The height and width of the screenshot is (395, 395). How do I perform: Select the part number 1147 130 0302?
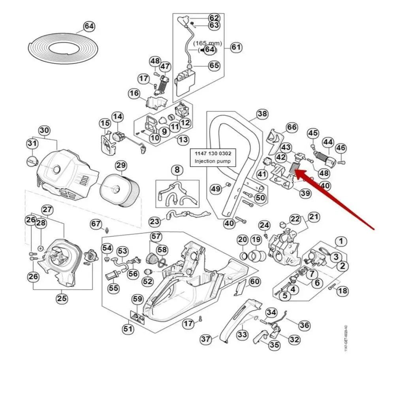click(x=211, y=153)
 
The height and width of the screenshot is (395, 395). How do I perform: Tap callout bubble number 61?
click(x=236, y=47)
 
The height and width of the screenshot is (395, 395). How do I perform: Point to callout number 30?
click(x=44, y=130)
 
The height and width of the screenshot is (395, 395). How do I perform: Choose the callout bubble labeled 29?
click(x=120, y=165)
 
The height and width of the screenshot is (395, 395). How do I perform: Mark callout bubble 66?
click(x=292, y=127)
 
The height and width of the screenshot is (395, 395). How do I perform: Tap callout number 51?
click(x=128, y=328)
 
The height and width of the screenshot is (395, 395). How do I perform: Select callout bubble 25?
click(x=62, y=299)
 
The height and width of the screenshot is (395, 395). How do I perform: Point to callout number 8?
click(x=177, y=171)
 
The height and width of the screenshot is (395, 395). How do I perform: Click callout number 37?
click(x=205, y=339)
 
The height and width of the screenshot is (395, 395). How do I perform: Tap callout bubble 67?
click(x=96, y=224)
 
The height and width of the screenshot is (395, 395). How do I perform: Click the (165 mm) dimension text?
click(x=208, y=43)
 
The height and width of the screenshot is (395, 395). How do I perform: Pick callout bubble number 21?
click(x=314, y=216)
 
